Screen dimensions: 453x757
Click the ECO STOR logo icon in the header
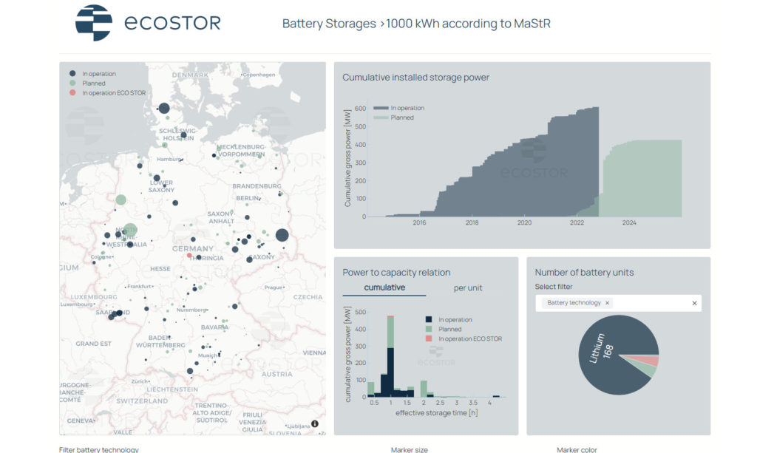[94, 23]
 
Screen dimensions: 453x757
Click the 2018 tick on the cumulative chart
[472, 222]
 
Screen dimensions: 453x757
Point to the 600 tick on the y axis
[359, 109]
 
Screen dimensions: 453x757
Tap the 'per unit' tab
[467, 287]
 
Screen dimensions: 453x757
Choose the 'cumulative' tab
[384, 287]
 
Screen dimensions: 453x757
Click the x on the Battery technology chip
[608, 303]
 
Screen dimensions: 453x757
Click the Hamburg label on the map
[169, 159]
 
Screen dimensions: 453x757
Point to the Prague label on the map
[273, 287]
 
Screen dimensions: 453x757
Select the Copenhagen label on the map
[259, 75]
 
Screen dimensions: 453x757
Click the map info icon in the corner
[315, 423]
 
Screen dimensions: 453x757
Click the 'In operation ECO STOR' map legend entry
[114, 92]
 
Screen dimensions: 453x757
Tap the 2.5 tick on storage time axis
[440, 403]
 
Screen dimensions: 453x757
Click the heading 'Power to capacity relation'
[396, 273]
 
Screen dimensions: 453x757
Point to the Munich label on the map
[208, 355]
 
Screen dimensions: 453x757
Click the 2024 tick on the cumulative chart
[629, 222]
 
